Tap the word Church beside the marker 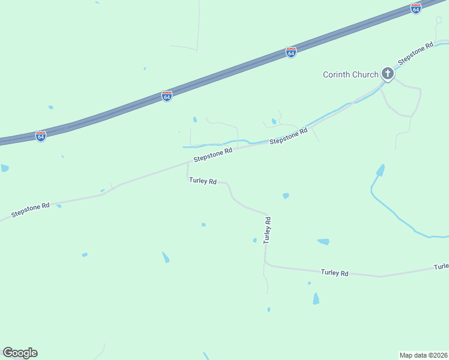point(366,74)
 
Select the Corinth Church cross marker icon point(388,74)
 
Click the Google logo point(20,353)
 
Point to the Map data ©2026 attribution point(423,355)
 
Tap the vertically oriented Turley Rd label point(268,229)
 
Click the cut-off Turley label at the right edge point(441,266)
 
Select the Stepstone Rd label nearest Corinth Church point(415,53)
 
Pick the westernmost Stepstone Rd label point(30,211)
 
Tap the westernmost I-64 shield point(40,136)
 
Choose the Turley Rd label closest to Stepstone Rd point(202,180)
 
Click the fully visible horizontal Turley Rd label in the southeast point(334,272)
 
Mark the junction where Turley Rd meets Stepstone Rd point(188,163)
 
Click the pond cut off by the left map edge point(4,168)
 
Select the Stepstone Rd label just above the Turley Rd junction point(212,155)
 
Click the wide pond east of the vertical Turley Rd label point(324,242)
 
